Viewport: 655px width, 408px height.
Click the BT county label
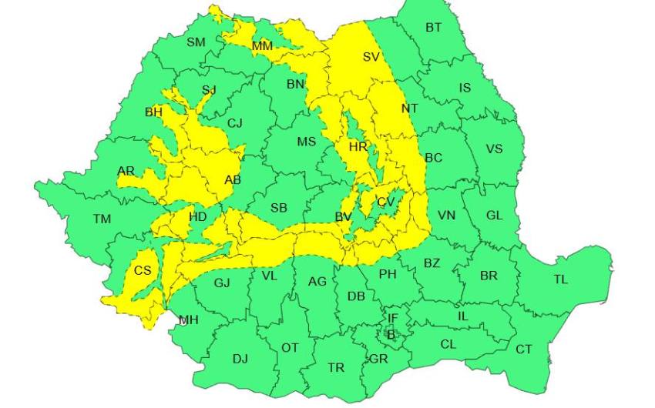[434, 28]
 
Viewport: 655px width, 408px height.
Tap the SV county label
[371, 57]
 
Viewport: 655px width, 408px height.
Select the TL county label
[560, 279]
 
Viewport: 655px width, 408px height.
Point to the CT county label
[524, 349]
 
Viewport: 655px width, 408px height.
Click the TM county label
[102, 219]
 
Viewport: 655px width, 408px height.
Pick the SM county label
[196, 42]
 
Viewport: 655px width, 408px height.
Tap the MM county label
[262, 47]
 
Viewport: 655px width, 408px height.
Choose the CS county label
[143, 270]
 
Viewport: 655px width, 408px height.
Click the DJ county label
[240, 358]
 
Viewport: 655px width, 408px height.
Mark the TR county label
[336, 368]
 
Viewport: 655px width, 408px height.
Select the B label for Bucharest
[391, 335]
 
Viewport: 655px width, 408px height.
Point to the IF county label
[392, 318]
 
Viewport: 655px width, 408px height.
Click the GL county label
[494, 216]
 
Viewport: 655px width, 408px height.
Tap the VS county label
[494, 149]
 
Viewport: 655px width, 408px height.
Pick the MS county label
[307, 142]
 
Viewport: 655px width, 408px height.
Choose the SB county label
[279, 207]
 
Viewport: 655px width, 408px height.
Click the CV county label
[385, 202]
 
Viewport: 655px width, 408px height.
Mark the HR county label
[358, 146]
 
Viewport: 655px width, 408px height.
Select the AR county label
[126, 171]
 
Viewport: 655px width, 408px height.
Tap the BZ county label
[432, 263]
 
